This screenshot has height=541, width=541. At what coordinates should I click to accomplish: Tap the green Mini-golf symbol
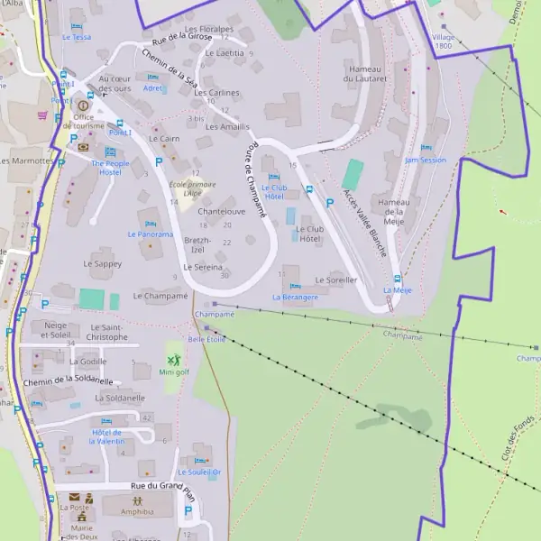tap(173, 358)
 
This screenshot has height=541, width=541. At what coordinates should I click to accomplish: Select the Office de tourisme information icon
tap(84, 105)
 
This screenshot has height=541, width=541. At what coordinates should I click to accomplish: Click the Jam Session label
tap(426, 160)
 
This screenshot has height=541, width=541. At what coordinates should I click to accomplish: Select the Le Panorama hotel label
tap(150, 234)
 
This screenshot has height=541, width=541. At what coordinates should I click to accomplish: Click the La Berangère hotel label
tap(295, 297)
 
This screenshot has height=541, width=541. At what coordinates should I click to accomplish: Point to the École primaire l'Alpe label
tap(187, 188)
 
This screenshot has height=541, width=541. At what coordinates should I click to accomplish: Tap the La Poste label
tap(75, 508)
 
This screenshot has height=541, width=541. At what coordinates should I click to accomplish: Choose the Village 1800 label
tap(443, 41)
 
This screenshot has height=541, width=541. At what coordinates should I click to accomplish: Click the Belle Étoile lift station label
tap(206, 339)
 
